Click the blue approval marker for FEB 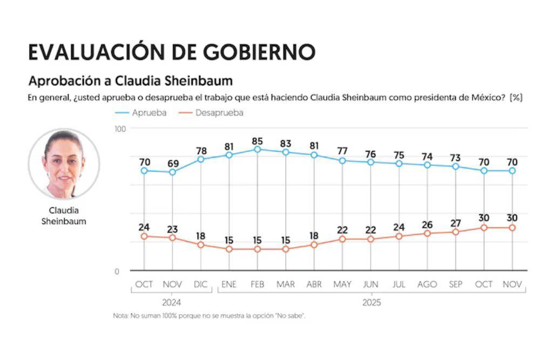[258, 149]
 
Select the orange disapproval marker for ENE [229, 249]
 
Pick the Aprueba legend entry [141, 113]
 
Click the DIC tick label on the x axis [200, 284]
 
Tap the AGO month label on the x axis [427, 284]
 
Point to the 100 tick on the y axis [120, 128]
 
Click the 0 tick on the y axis [117, 271]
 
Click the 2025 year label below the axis [371, 302]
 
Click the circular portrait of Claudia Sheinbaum [64, 164]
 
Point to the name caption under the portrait [64, 216]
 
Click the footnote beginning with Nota [209, 316]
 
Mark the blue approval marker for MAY [342, 160]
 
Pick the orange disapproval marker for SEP [455, 232]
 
